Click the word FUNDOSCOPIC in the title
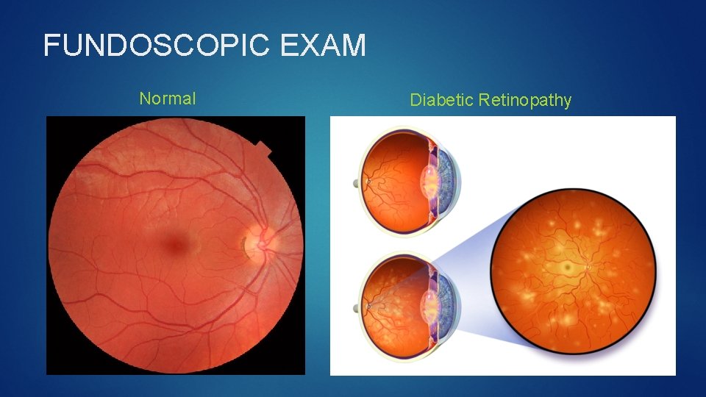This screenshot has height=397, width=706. point(157,46)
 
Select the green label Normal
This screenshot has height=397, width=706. point(168,99)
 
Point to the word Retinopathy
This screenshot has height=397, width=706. point(524,100)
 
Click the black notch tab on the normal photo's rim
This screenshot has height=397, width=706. point(263,150)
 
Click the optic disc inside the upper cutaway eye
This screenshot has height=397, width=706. point(369,181)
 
